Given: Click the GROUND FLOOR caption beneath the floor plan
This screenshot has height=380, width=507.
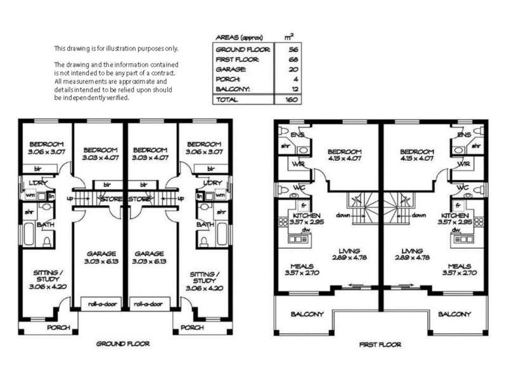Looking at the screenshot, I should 123,344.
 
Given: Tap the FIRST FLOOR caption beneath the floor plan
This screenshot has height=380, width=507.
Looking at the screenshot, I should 380,345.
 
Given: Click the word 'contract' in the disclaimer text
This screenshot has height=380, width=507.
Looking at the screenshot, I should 162,73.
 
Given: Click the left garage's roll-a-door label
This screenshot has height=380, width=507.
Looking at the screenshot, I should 100,304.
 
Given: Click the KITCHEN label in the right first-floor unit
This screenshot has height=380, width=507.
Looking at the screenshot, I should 454,215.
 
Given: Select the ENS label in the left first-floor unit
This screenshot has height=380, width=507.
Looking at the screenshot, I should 297,135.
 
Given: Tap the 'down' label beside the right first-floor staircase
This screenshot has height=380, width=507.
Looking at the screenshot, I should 419,215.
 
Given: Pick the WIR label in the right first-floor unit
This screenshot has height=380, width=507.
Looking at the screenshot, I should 464,164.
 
